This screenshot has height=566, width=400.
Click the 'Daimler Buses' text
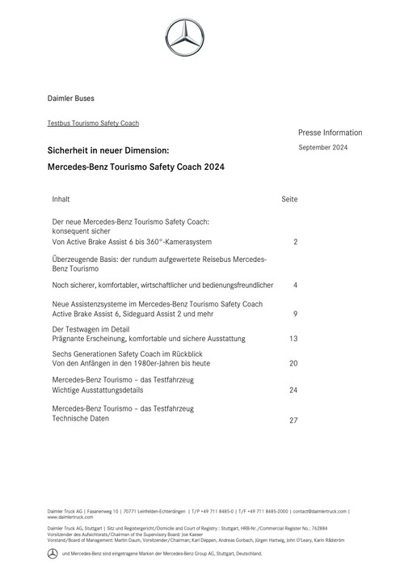pyautogui.click(x=71, y=99)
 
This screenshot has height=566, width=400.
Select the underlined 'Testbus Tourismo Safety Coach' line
pyautogui.click(x=94, y=123)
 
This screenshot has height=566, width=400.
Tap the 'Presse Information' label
pyautogui.click(x=330, y=133)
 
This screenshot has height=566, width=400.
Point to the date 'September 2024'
pyautogui.click(x=322, y=147)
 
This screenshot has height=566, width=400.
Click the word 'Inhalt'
pyautogui.click(x=61, y=197)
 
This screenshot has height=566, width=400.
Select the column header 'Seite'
pyautogui.click(x=289, y=198)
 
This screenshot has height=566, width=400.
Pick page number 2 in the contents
pyautogui.click(x=296, y=242)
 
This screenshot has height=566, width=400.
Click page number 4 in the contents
pyautogui.click(x=296, y=285)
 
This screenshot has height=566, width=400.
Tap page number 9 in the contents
pyautogui.click(x=296, y=313)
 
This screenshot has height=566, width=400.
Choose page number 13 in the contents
pyautogui.click(x=293, y=338)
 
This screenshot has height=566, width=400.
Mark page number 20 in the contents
pyautogui.click(x=293, y=364)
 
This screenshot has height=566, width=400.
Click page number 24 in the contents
pyautogui.click(x=293, y=390)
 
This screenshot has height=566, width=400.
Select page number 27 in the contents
pyautogui.click(x=293, y=420)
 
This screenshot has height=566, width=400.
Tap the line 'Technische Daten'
pyautogui.click(x=80, y=419)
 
